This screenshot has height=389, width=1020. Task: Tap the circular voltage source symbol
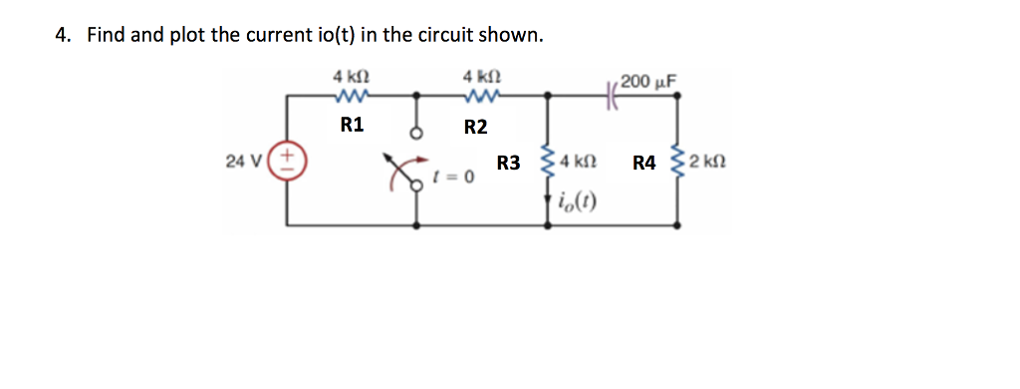[290, 161]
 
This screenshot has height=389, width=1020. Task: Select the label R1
[352, 126]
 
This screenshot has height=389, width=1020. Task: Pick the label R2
[476, 127]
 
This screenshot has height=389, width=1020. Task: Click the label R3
[509, 163]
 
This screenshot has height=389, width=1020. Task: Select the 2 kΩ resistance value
[708, 162]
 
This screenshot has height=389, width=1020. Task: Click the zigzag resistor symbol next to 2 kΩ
[681, 161]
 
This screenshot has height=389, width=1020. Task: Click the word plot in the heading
[186, 36]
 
